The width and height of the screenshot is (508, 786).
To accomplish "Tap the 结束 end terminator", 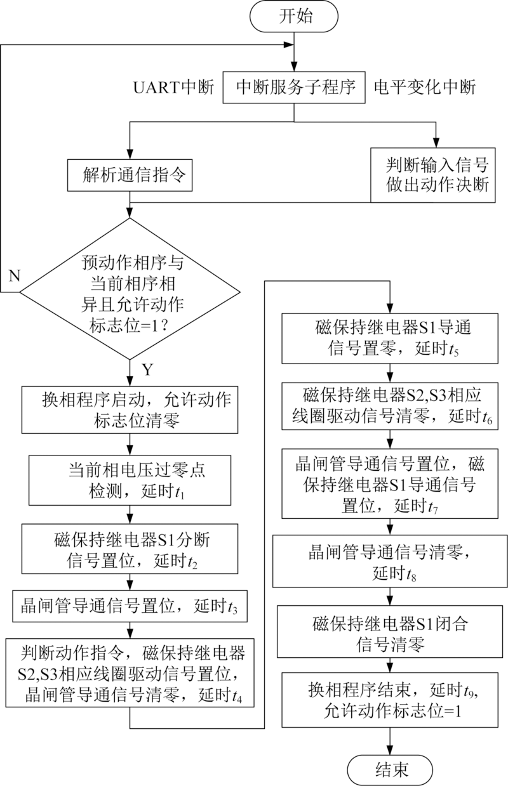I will coord(388,769).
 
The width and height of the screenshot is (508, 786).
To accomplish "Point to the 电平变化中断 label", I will coord(425,88).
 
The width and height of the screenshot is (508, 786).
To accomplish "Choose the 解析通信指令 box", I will coord(130,175).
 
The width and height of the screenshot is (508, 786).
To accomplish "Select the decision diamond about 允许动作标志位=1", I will coord(130,291).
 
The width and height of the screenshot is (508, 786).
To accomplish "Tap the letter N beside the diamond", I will coord(14,275).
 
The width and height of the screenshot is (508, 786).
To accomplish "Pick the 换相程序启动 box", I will coord(130,410).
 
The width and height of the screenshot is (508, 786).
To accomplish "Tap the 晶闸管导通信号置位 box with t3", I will coord(130,606).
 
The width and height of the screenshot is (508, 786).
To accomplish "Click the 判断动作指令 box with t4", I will coord(130,671).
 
